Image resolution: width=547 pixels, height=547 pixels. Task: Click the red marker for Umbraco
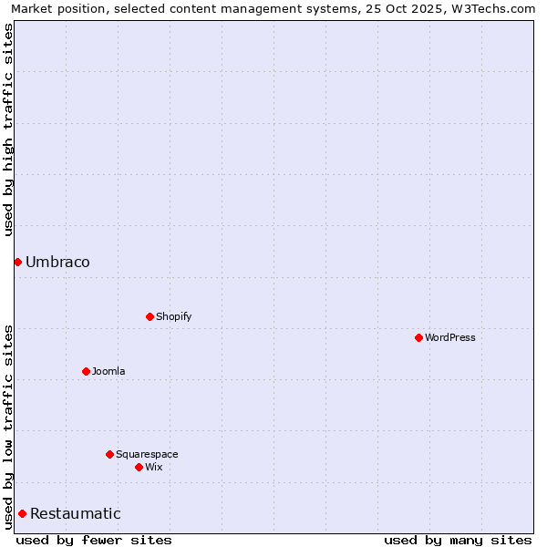tap(17, 262)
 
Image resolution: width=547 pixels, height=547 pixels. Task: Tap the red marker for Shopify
tap(150, 316)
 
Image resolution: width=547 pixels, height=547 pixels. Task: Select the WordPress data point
tap(418, 337)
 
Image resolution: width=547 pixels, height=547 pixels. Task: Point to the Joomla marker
tap(86, 371)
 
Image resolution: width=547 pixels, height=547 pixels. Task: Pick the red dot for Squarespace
tap(109, 454)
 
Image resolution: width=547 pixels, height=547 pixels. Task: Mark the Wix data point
tap(139, 467)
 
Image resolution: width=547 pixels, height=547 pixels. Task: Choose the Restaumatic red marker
tap(22, 513)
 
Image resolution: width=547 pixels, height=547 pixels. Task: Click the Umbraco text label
tap(57, 263)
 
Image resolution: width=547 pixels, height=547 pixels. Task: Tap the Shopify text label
tap(173, 317)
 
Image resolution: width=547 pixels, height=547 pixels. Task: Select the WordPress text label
tap(449, 338)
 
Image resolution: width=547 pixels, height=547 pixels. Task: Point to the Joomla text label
tap(108, 372)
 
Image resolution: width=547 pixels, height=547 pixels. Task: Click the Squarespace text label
tap(147, 455)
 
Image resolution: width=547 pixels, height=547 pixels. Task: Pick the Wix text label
tap(153, 468)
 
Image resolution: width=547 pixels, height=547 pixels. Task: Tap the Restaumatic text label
tap(75, 514)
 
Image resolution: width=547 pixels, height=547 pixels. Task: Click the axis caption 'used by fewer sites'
tap(94, 540)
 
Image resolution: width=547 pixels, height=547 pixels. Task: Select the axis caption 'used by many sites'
tap(458, 540)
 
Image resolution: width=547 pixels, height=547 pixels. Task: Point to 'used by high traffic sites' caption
tap(8, 129)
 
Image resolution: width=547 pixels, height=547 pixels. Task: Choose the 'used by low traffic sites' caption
tap(8, 426)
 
